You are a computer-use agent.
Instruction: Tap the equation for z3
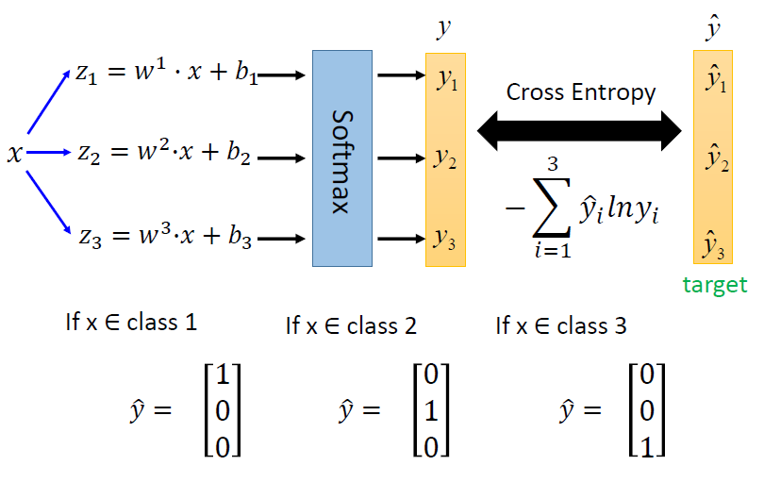[164, 237]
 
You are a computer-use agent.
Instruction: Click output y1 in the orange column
[447, 80]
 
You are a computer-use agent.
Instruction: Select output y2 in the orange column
[446, 158]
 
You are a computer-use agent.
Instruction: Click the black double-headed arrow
[579, 129]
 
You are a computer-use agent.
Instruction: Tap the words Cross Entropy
[580, 92]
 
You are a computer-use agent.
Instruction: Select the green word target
[714, 286]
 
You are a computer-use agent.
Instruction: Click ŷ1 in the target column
[716, 83]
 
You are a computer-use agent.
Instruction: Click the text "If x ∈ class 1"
[131, 323]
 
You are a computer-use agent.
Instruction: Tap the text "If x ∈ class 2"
[351, 326]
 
